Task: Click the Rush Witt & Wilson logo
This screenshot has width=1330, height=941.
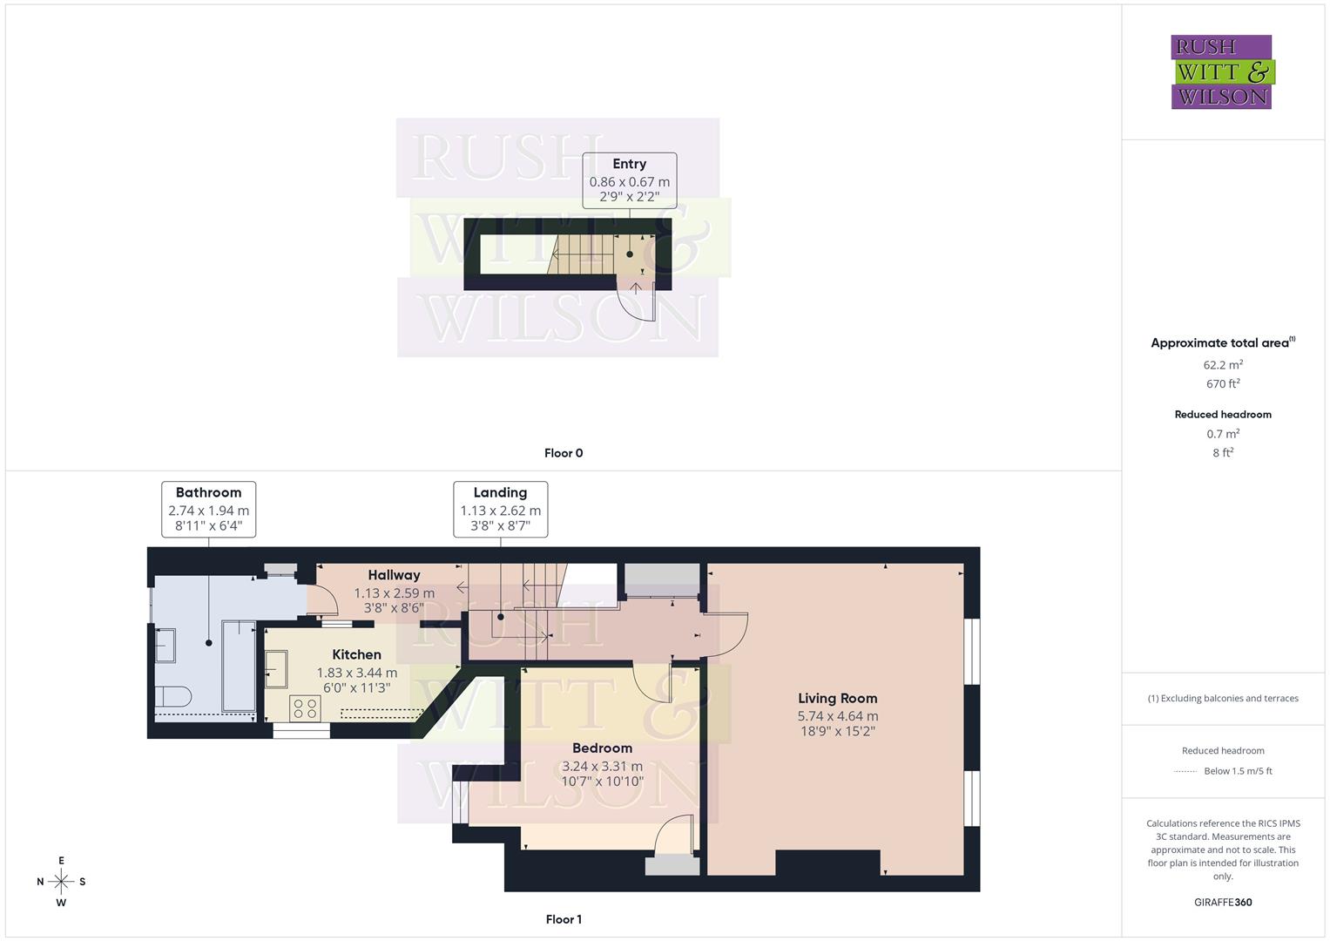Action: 1221,71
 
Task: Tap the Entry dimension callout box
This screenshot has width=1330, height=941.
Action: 629,180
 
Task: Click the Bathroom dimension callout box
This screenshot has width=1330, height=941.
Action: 208,509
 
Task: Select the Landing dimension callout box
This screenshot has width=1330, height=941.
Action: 500,509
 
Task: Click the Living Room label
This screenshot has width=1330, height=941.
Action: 837,698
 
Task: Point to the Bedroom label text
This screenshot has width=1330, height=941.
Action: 602,748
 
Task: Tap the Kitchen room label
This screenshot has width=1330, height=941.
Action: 356,654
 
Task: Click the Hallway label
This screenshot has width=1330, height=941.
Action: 394,575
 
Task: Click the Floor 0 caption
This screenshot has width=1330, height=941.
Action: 564,453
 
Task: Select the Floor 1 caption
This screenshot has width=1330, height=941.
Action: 564,919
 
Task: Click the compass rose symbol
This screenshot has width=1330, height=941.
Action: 61,882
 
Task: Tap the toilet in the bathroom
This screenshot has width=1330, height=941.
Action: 172,696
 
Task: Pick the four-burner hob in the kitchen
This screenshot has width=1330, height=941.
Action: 306,707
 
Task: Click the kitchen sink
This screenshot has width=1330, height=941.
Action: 276,669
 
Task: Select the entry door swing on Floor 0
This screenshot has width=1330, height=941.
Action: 638,301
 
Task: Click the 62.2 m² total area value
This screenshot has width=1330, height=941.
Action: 1223,365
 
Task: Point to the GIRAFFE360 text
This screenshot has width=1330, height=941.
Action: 1223,903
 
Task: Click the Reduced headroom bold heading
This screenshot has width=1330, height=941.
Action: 1223,415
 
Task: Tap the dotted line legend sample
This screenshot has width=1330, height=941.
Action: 1185,771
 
